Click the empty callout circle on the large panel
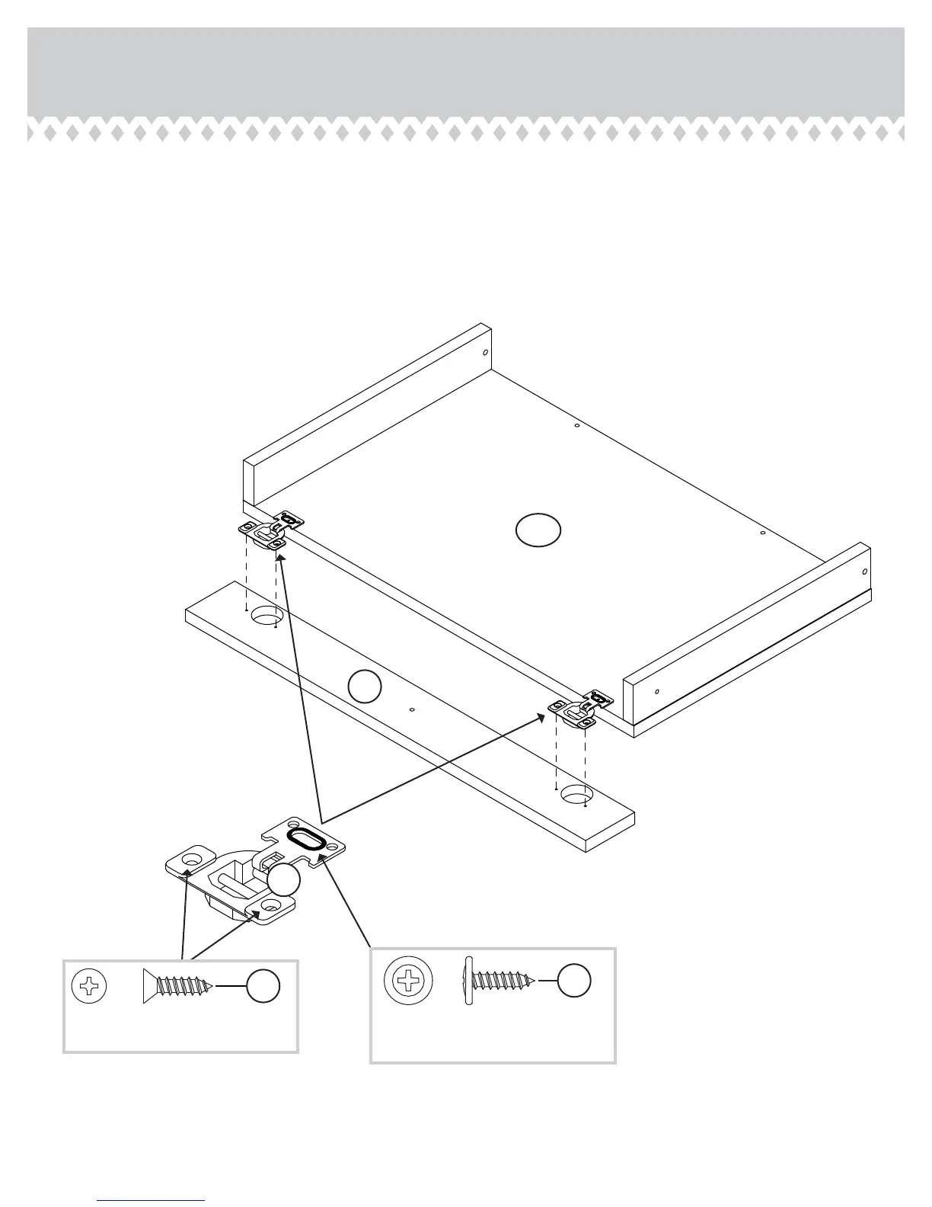coord(538,530)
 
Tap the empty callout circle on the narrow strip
coord(365,686)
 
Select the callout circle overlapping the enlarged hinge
coord(284,881)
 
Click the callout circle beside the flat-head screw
coord(263,986)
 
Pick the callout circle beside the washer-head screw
coord(574,980)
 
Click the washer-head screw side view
coord(500,980)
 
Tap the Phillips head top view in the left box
coord(88,987)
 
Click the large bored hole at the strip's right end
coord(577,796)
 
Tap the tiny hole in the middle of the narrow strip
coord(412,710)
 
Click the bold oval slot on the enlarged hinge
coord(306,840)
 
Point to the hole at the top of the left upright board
coord(485,353)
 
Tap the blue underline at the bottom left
coord(151,1201)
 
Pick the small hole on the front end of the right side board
coord(656,692)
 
